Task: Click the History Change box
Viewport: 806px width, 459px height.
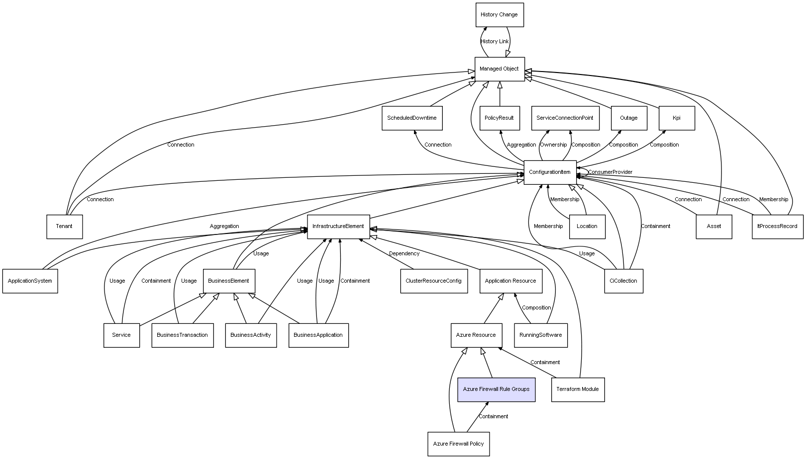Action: tap(499, 15)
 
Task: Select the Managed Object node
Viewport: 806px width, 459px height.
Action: tap(499, 69)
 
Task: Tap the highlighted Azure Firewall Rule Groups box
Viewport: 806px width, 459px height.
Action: tap(496, 389)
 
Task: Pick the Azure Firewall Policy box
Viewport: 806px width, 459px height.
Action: tap(458, 444)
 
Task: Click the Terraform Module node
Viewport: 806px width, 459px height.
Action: tap(577, 389)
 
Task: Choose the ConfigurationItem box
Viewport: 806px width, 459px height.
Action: tap(550, 172)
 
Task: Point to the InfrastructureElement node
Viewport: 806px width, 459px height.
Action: tap(338, 227)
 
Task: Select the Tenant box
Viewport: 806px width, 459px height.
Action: tap(64, 227)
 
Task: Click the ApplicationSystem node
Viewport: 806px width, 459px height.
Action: tap(30, 281)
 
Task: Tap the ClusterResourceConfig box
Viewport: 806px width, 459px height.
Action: tap(433, 281)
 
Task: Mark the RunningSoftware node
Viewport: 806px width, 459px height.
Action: tap(540, 335)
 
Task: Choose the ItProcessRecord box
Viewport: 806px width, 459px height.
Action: tap(777, 227)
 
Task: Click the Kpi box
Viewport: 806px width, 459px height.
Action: tap(676, 118)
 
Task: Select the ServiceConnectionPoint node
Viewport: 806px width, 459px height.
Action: tap(565, 118)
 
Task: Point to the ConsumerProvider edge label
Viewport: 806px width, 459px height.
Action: tap(610, 172)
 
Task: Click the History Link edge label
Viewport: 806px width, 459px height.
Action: tap(495, 42)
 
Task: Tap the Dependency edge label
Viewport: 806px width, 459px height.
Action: tap(404, 254)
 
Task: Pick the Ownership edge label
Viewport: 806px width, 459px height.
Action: tap(553, 145)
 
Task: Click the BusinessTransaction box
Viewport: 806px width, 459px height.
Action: tap(182, 335)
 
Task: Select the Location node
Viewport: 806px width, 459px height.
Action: tap(587, 227)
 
